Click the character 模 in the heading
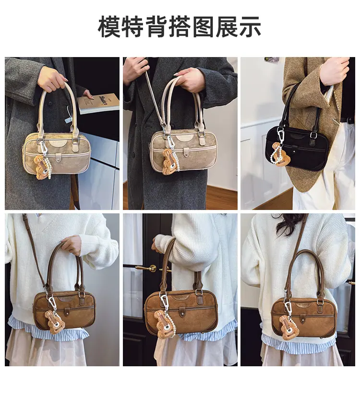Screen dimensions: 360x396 (x=109, y=27)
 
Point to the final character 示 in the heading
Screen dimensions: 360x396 (x=249, y=27)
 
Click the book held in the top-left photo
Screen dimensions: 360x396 (x=98, y=103)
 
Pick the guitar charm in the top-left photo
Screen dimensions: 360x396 (x=41, y=167)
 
